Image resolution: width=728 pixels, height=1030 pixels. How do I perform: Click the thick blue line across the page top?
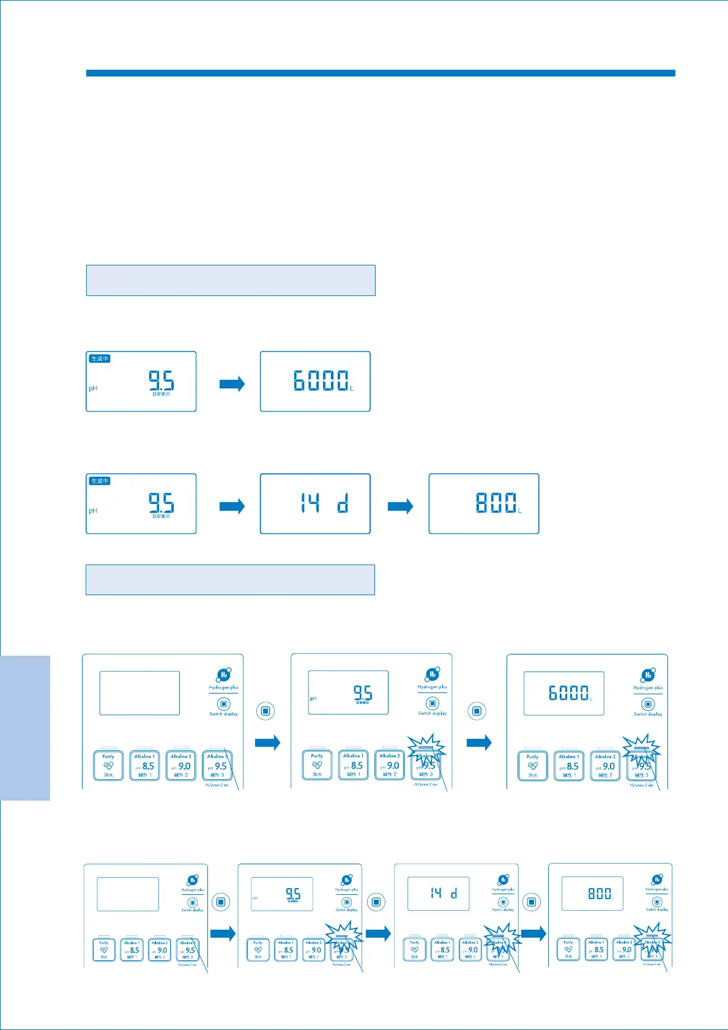click(x=381, y=73)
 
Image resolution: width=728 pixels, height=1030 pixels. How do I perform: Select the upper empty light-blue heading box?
click(x=231, y=280)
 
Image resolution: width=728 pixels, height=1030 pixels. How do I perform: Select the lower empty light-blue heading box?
click(x=230, y=580)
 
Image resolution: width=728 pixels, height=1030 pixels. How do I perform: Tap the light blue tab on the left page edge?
click(x=25, y=728)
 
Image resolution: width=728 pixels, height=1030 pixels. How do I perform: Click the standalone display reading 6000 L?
click(x=315, y=381)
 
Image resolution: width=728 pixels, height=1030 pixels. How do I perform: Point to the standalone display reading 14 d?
click(x=315, y=503)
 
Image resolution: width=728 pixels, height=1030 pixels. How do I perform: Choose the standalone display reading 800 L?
click(x=484, y=503)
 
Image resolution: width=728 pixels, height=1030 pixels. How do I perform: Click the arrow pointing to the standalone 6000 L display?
click(x=232, y=384)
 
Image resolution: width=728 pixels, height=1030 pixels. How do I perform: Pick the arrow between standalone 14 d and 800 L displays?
click(x=401, y=506)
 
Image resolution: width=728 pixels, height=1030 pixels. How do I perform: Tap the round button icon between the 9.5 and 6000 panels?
click(x=477, y=711)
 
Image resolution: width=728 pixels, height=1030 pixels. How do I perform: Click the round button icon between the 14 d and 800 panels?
click(x=532, y=902)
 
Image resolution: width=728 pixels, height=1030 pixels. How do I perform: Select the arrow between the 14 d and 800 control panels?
click(x=533, y=934)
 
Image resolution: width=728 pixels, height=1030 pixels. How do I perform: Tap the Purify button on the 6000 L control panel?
click(x=533, y=766)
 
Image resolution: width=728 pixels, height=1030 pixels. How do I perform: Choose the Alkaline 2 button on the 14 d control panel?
click(x=470, y=950)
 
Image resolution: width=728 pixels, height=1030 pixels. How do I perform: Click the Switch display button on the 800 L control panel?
click(x=657, y=902)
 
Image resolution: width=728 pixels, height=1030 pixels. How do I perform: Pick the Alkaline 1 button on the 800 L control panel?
click(x=596, y=950)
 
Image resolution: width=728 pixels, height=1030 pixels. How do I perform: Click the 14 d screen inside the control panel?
click(x=439, y=894)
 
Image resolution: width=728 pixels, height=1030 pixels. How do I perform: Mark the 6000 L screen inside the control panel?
click(x=563, y=693)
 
